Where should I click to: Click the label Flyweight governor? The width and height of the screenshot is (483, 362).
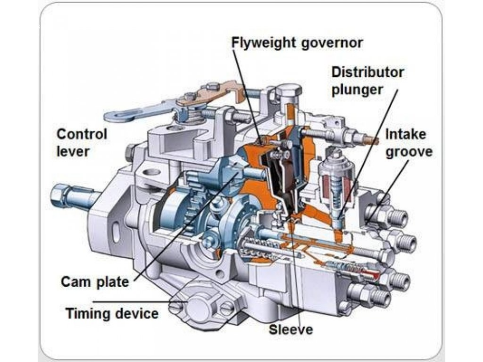[297, 42]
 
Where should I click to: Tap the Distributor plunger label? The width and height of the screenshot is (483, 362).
[367, 81]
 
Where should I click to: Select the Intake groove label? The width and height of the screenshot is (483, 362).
[408, 144]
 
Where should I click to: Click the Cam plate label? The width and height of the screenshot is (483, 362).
[95, 281]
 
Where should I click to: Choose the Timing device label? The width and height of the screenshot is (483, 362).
[112, 313]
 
